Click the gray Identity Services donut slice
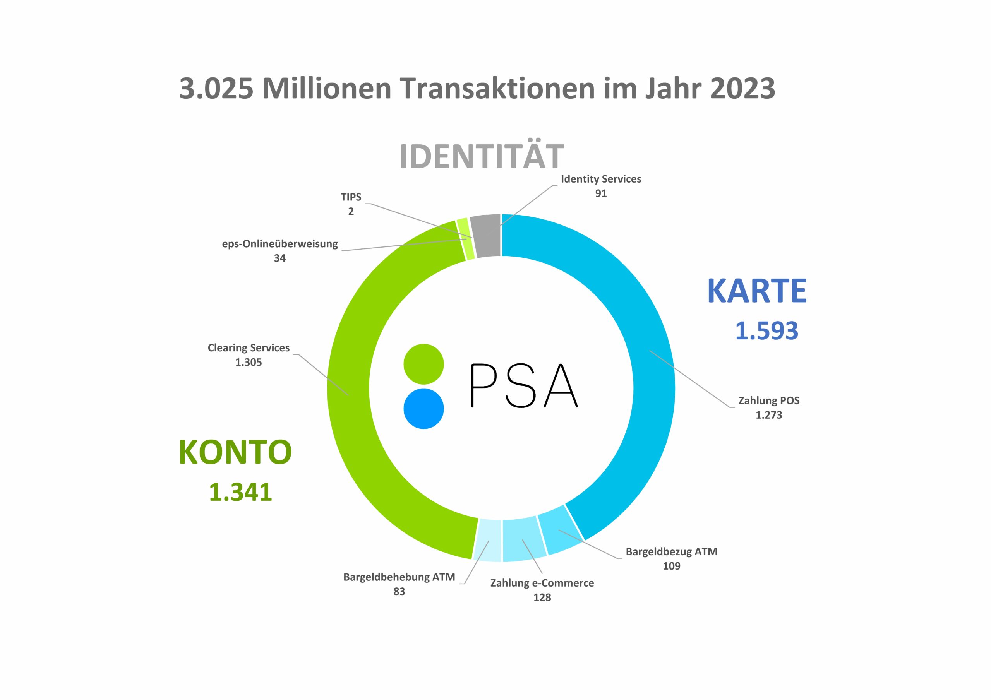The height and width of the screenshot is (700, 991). tap(485, 235)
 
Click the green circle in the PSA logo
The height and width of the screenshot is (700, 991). tap(423, 364)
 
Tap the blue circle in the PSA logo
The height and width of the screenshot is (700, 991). tap(423, 408)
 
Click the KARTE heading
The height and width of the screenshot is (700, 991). tap(757, 291)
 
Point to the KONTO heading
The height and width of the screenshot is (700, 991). tap(235, 452)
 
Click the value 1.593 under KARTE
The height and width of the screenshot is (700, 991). tap(766, 330)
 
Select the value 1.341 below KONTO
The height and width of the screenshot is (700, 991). tap(240, 492)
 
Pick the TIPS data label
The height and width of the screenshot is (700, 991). tap(351, 197)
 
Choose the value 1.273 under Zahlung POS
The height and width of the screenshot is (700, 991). tap(769, 415)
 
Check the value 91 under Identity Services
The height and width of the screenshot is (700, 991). tap(601, 193)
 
